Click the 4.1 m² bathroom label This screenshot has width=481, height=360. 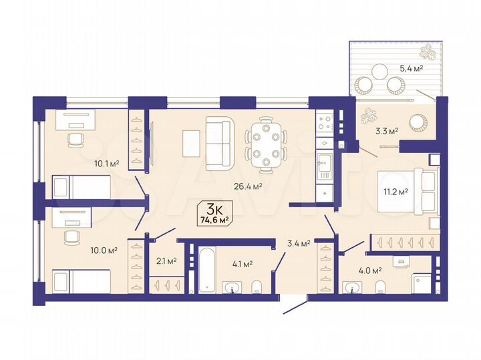241,264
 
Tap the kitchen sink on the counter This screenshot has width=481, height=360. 325,162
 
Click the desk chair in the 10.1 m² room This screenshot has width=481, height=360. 75,139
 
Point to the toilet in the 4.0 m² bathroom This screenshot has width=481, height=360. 380,288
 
